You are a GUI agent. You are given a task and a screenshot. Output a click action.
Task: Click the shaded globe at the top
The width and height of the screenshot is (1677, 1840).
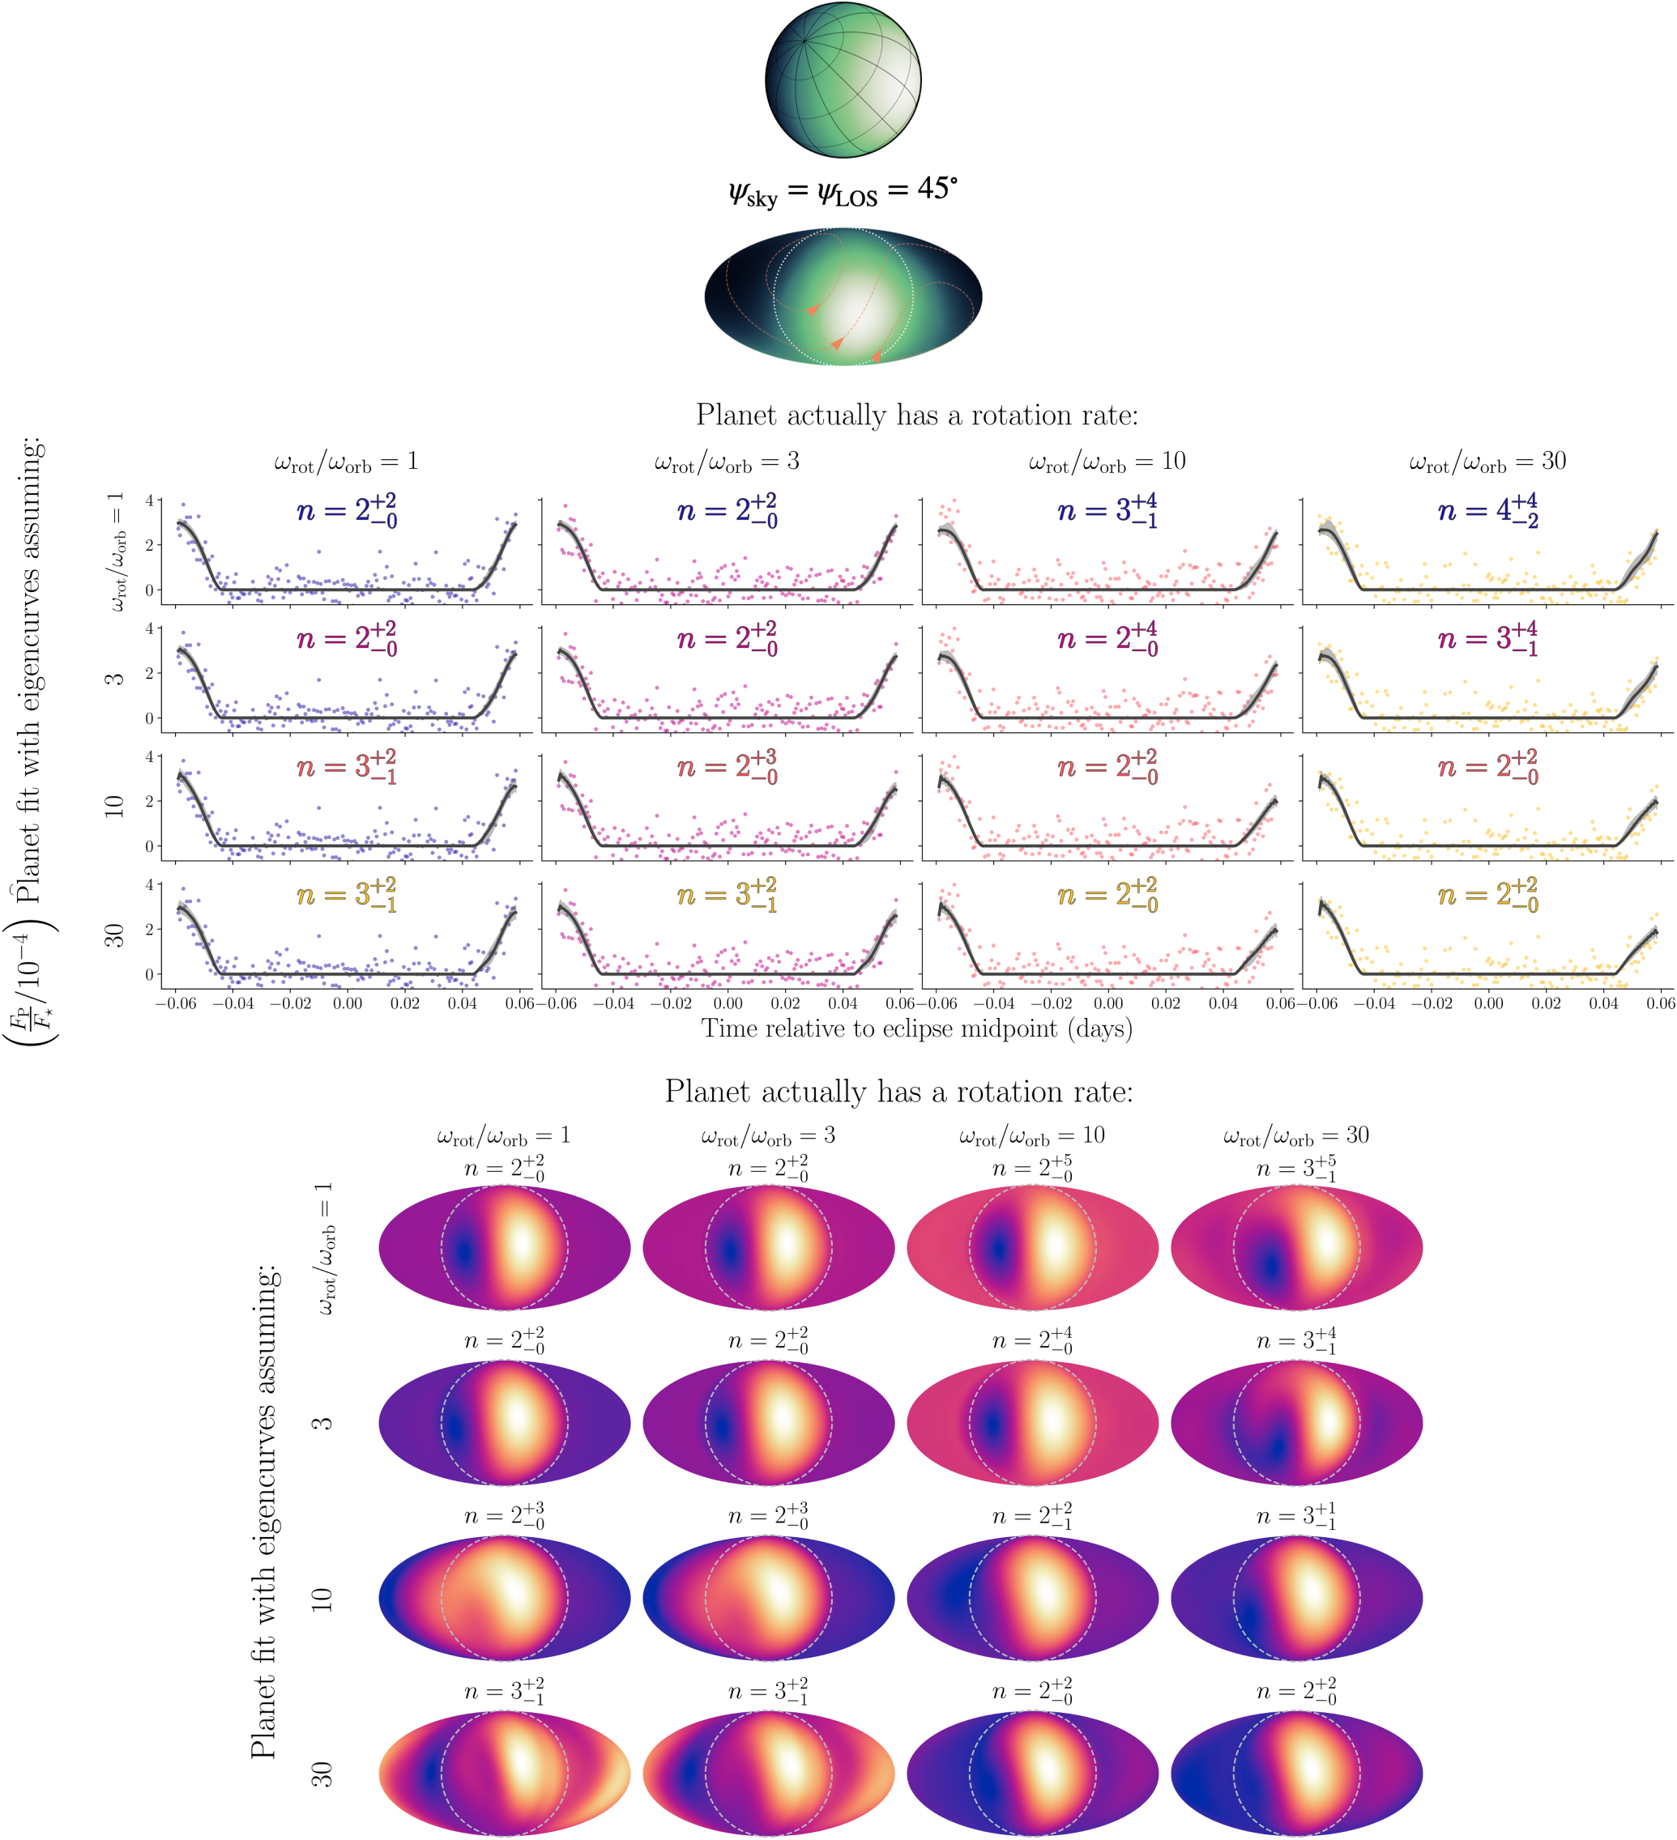tap(843, 80)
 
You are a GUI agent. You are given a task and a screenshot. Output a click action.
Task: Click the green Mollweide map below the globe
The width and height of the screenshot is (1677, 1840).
tap(843, 296)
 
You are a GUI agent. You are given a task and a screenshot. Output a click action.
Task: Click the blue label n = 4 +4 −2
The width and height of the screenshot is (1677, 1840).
tap(1487, 510)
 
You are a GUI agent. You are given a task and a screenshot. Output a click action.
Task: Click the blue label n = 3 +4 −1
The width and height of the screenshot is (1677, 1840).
tap(1107, 510)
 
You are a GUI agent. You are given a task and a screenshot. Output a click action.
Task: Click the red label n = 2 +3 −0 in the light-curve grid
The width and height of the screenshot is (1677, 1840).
tap(727, 767)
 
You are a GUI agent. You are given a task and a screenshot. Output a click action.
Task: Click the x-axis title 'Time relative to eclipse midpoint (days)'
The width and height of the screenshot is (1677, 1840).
tap(916, 1029)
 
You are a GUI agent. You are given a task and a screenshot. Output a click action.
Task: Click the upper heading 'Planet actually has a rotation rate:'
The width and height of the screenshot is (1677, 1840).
tap(916, 415)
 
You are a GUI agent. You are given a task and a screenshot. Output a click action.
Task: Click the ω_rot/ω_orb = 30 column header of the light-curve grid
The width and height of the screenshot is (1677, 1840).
tap(1487, 462)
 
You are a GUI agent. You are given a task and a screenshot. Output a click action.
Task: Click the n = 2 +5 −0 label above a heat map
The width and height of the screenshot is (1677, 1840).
tap(1031, 1169)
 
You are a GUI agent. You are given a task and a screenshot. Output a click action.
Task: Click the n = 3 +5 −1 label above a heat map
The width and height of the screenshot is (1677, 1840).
tap(1295, 1169)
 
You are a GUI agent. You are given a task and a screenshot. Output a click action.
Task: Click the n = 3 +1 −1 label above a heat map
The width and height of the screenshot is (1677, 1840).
tap(1295, 1516)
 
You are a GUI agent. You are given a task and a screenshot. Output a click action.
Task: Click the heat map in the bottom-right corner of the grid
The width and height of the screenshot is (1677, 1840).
tap(1295, 1773)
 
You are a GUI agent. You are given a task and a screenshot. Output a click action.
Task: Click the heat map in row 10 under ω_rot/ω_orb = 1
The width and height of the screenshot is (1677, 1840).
tap(504, 1597)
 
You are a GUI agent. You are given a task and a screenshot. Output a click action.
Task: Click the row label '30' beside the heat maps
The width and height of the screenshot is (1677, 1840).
tap(322, 1774)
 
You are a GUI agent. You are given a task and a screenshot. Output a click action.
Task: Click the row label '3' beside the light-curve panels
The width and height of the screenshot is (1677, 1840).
tap(113, 679)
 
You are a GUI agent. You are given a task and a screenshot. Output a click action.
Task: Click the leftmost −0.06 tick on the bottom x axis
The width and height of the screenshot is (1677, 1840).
tap(175, 1003)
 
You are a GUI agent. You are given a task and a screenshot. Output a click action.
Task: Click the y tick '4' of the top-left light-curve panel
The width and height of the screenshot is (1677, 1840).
tap(149, 500)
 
